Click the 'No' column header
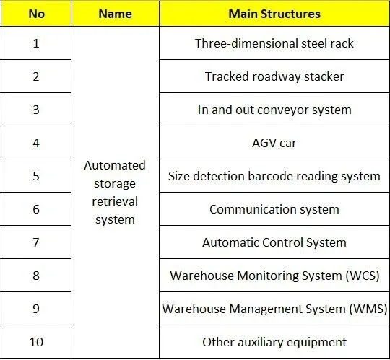[37, 14]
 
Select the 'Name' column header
[115, 14]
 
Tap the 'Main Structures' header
[274, 14]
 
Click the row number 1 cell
[36, 43]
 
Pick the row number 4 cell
[36, 143]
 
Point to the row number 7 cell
[36, 242]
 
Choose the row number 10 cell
[36, 342]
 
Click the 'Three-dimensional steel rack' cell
[274, 43]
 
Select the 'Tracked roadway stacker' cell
[274, 76]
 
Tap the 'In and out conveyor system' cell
[274, 110]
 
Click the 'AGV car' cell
[274, 143]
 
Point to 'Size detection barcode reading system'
[274, 177]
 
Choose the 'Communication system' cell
[274, 209]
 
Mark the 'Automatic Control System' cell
[274, 242]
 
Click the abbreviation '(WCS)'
[363, 276]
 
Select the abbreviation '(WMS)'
[368, 309]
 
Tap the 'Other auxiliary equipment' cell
[274, 342]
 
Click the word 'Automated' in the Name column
[115, 165]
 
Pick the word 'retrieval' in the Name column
[115, 201]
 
